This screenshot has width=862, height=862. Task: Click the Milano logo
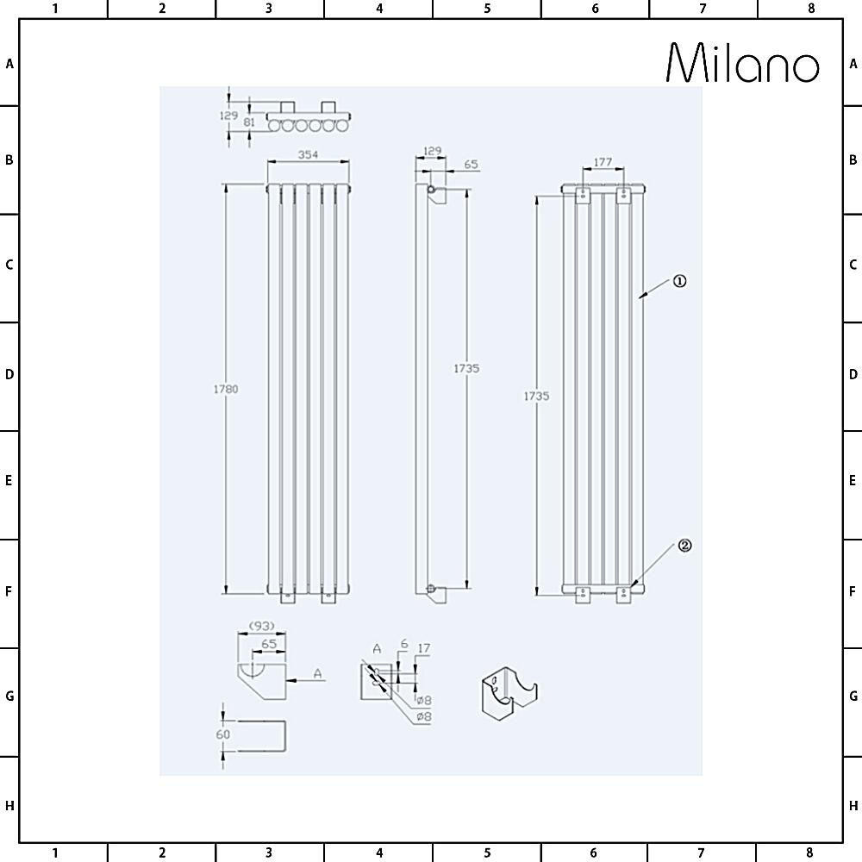[743, 63]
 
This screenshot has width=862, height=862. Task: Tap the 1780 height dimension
[226, 390]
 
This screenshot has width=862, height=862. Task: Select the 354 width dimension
[308, 154]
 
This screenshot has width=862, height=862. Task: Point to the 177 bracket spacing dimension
[603, 162]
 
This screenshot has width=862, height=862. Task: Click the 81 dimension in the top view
[250, 122]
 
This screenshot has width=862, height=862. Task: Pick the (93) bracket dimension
[262, 626]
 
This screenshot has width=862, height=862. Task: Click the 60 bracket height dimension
[222, 734]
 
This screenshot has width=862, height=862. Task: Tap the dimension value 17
[424, 649]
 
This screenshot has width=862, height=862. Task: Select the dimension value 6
[404, 644]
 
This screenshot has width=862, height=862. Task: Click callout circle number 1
[680, 281]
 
